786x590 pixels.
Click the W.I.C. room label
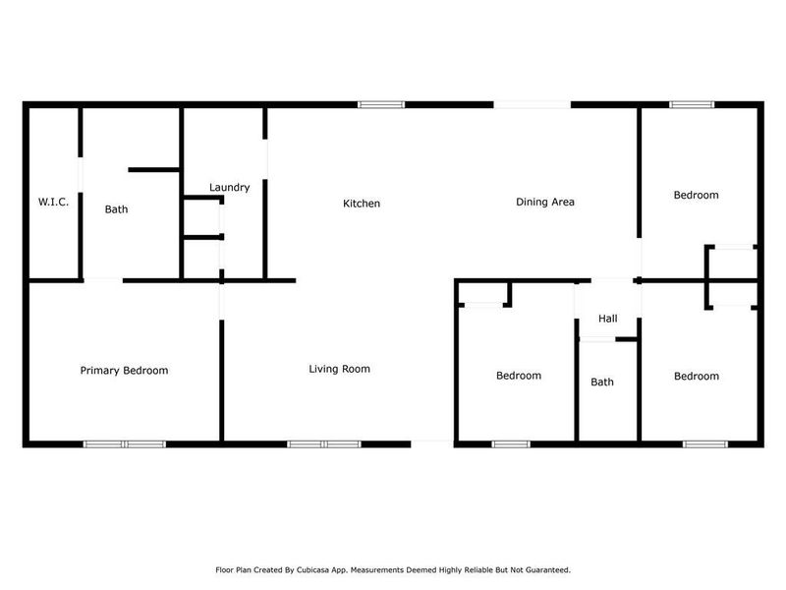click(x=53, y=202)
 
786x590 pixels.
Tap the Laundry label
click(x=230, y=187)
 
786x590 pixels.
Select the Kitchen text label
click(x=361, y=204)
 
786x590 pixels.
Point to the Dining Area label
click(x=545, y=202)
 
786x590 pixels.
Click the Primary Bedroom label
click(x=124, y=371)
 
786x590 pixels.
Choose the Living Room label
click(x=339, y=369)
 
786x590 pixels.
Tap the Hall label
click(x=608, y=319)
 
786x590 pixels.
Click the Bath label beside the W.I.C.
click(x=117, y=208)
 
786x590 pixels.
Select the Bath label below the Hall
click(x=602, y=382)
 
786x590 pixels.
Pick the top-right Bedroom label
click(x=696, y=195)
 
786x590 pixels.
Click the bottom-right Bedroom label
click(x=696, y=376)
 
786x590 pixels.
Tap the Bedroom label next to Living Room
click(x=518, y=376)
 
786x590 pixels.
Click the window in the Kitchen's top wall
click(x=380, y=104)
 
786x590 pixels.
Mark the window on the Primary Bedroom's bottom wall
click(x=125, y=443)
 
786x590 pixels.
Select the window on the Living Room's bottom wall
click(x=324, y=443)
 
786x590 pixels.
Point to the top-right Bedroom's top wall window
click(x=693, y=104)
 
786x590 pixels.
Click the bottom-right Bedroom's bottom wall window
click(x=704, y=443)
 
